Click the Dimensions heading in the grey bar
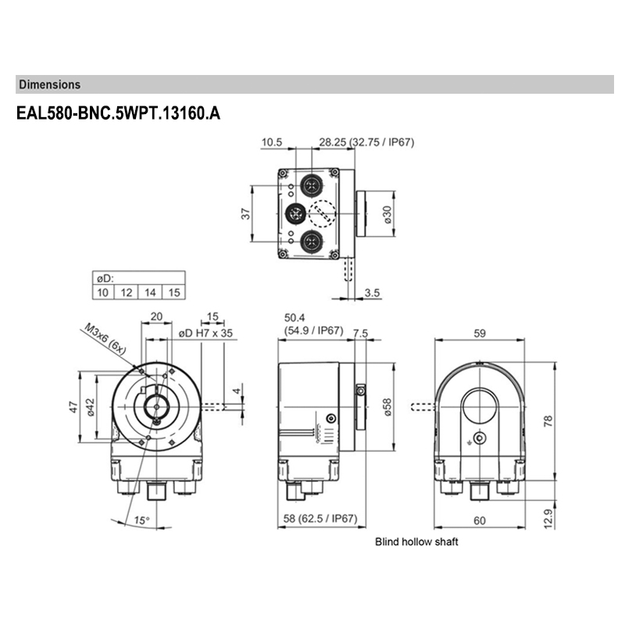click(49, 84)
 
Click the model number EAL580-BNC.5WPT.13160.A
click(118, 113)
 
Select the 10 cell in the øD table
click(102, 292)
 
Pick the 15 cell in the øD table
click(174, 292)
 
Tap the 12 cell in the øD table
click(126, 292)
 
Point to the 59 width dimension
click(480, 334)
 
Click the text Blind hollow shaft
click(416, 541)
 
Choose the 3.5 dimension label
click(372, 292)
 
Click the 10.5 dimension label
click(271, 142)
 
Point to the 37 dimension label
click(245, 213)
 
